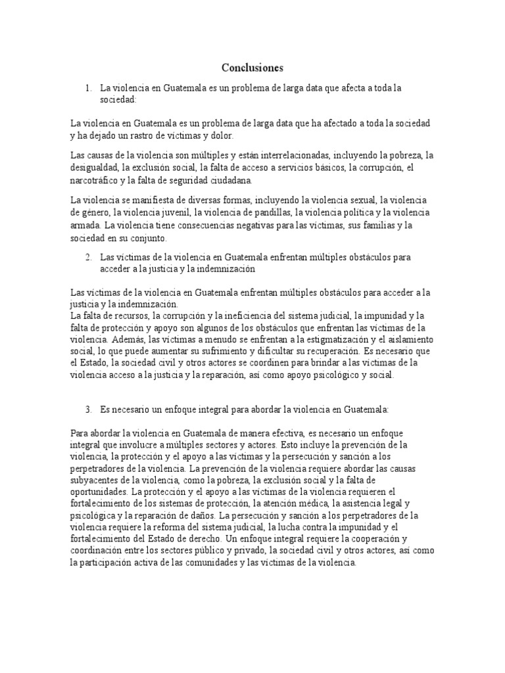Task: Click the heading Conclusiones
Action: click(252, 68)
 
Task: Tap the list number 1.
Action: click(87, 87)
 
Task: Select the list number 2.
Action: click(87, 257)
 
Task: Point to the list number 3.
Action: click(87, 409)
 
